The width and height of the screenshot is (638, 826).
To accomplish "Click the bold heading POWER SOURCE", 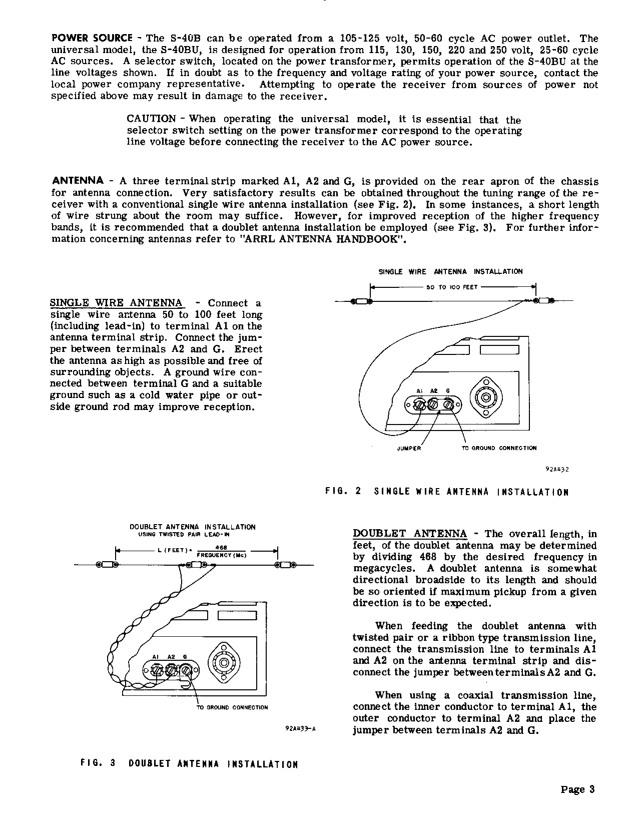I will pyautogui.click(x=92, y=39).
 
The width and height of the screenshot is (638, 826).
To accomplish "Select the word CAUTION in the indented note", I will pyautogui.click(x=151, y=119).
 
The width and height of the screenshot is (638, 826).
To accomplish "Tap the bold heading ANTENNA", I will pyautogui.click(x=78, y=181).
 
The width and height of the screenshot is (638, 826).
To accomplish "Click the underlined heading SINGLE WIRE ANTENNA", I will pyautogui.click(x=116, y=303).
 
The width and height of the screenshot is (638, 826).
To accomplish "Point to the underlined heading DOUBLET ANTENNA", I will pyautogui.click(x=410, y=534).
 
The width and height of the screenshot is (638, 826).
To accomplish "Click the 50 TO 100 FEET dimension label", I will pyautogui.click(x=452, y=287).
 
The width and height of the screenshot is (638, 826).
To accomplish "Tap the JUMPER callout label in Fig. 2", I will pyautogui.click(x=409, y=449).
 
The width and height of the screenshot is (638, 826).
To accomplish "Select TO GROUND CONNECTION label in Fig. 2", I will pyautogui.click(x=499, y=448).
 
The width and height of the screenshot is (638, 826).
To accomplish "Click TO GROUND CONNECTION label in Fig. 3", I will pyautogui.click(x=231, y=707).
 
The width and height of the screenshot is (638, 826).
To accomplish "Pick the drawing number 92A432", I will pyautogui.click(x=557, y=470).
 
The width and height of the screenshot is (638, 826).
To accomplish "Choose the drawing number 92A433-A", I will pyautogui.click(x=300, y=729).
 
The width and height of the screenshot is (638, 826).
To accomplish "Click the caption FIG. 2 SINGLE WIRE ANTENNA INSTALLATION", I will pyautogui.click(x=447, y=492).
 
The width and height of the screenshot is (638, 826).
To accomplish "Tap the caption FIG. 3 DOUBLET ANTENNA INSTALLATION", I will pyautogui.click(x=189, y=764).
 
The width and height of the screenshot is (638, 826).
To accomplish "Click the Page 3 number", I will pyautogui.click(x=577, y=790).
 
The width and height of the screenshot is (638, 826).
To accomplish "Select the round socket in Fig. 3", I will pyautogui.click(x=224, y=664).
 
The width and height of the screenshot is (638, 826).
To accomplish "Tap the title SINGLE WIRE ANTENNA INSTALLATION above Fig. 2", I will pyautogui.click(x=450, y=271).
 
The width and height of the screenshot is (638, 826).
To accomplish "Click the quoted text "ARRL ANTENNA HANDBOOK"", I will pyautogui.click(x=322, y=239).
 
